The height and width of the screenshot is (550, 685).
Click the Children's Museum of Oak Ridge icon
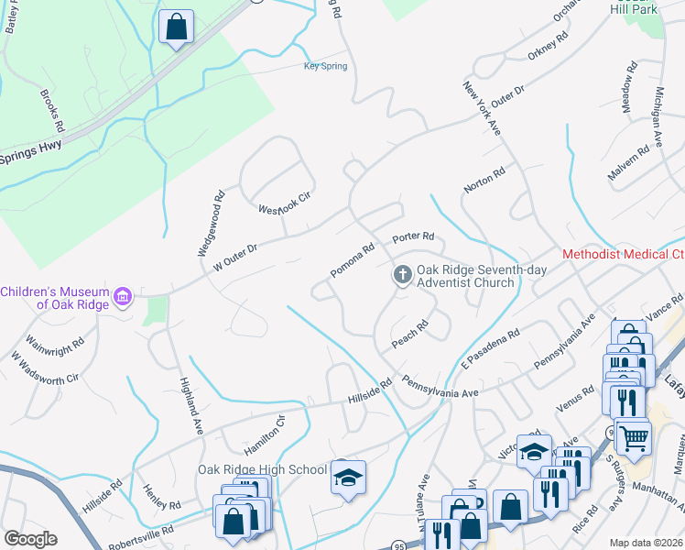pyautogui.click(x=123, y=296)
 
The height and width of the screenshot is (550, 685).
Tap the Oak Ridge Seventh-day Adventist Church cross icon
pyautogui.click(x=401, y=274)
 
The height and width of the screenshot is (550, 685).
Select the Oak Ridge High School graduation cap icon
pyautogui.click(x=348, y=477)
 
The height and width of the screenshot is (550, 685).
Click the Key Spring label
pyautogui.click(x=325, y=66)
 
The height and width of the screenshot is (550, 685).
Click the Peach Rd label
pyautogui.click(x=410, y=333)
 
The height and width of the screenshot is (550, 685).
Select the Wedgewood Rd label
pyautogui.click(x=211, y=223)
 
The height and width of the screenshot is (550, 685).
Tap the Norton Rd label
pyautogui.click(x=484, y=180)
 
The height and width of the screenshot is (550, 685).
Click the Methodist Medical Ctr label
pyautogui.click(x=623, y=254)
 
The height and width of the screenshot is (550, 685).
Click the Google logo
pyautogui.click(x=30, y=539)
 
